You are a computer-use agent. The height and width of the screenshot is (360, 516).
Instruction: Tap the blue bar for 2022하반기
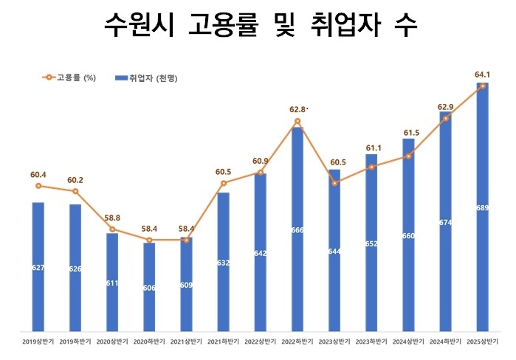tap(297, 229)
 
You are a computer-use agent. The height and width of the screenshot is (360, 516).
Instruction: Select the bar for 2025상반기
tap(482, 207)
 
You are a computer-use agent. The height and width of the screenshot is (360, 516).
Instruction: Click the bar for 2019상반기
tap(38, 266)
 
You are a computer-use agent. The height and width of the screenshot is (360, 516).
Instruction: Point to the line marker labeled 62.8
tap(297, 121)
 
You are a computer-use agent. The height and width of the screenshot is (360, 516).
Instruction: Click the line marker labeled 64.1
tap(482, 86)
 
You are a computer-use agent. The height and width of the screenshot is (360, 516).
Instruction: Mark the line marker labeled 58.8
tap(112, 229)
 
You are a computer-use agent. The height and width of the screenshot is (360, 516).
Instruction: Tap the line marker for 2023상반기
tap(334, 183)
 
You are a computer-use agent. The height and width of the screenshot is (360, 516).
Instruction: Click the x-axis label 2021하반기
tap(223, 342)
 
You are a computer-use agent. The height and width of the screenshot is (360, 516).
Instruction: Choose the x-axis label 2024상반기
tap(408, 342)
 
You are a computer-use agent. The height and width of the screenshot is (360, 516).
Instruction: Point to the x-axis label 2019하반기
tap(75, 342)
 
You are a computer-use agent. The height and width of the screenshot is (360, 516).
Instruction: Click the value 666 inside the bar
tap(297, 230)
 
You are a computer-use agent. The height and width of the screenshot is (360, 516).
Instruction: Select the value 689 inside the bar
tap(482, 208)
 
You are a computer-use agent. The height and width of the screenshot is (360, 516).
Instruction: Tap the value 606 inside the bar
tap(149, 288)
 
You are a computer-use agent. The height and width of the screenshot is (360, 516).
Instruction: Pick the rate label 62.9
tap(445, 107)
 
